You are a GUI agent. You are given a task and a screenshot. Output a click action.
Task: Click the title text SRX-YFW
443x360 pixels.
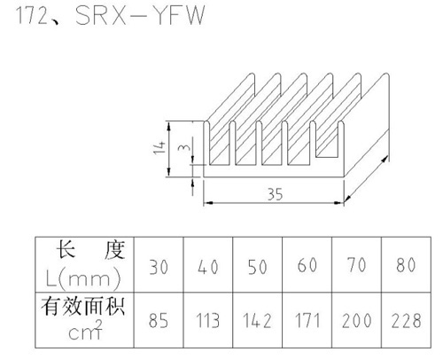(140, 15)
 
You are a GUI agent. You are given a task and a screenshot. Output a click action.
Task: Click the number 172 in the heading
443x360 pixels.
(32, 15)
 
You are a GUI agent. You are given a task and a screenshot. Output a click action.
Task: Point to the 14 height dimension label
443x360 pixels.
(159, 147)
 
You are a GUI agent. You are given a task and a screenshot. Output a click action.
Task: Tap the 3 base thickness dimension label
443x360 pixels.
(184, 145)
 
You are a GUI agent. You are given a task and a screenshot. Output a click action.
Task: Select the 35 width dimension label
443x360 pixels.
(275, 194)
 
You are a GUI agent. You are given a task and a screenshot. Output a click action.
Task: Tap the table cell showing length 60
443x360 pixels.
(307, 265)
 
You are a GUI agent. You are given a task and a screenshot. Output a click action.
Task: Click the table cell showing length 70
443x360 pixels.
(357, 264)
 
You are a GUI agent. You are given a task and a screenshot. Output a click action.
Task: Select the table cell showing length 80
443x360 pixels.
(406, 264)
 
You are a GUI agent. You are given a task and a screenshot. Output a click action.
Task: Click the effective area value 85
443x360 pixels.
(159, 321)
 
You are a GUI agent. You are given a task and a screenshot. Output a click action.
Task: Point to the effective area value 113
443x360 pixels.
(208, 321)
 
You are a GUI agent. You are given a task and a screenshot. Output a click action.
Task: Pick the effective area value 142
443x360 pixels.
(257, 321)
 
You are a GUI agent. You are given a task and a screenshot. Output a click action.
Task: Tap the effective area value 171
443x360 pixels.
(307, 321)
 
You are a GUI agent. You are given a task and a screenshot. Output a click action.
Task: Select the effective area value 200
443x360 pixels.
(357, 321)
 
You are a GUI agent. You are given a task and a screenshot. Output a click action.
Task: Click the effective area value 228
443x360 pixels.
(406, 321)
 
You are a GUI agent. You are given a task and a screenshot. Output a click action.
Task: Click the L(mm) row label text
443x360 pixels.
(83, 278)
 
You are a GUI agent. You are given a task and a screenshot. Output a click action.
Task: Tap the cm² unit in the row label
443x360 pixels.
(86, 330)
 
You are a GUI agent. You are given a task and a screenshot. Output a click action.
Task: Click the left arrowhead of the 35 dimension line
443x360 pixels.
(208, 203)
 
